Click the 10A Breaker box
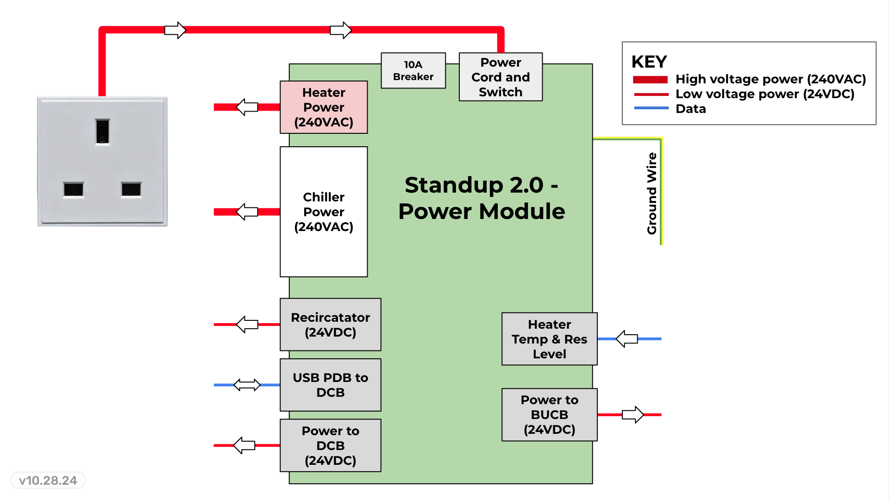(413, 70)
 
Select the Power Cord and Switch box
(501, 77)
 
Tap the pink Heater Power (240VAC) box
(324, 107)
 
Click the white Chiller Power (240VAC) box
(324, 212)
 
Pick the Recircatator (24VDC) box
(330, 325)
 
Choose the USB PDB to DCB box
(330, 385)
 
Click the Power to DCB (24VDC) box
(330, 445)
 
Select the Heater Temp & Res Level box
(549, 339)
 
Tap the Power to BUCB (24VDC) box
(549, 414)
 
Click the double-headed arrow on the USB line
(247, 385)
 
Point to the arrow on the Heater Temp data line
(627, 339)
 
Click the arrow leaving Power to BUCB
(632, 414)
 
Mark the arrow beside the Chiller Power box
(247, 212)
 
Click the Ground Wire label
(652, 194)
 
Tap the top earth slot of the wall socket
(102, 131)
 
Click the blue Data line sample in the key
(651, 108)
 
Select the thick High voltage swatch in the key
(650, 80)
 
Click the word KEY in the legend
(649, 62)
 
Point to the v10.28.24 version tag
(48, 481)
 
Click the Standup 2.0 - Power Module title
(482, 198)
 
